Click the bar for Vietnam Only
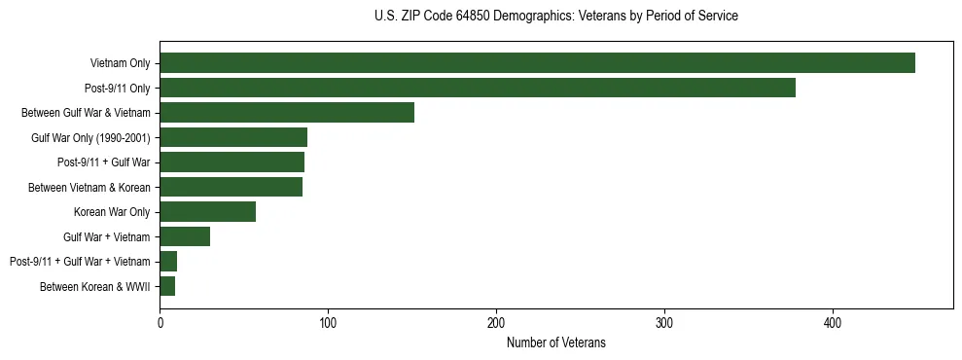pyautogui.click(x=537, y=62)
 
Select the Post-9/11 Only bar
pyautogui.click(x=478, y=88)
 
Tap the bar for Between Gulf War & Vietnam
pyautogui.click(x=287, y=112)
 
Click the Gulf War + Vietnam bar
pyautogui.click(x=185, y=236)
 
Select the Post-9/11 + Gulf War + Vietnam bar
pyautogui.click(x=168, y=261)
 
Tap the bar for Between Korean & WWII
pyautogui.click(x=167, y=286)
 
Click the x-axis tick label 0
pyautogui.click(x=160, y=322)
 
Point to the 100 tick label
pyautogui.click(x=328, y=322)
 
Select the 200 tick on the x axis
pyautogui.click(x=496, y=322)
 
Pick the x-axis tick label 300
pyautogui.click(x=664, y=322)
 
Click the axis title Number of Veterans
pyautogui.click(x=555, y=342)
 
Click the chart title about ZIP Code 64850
pyautogui.click(x=555, y=17)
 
